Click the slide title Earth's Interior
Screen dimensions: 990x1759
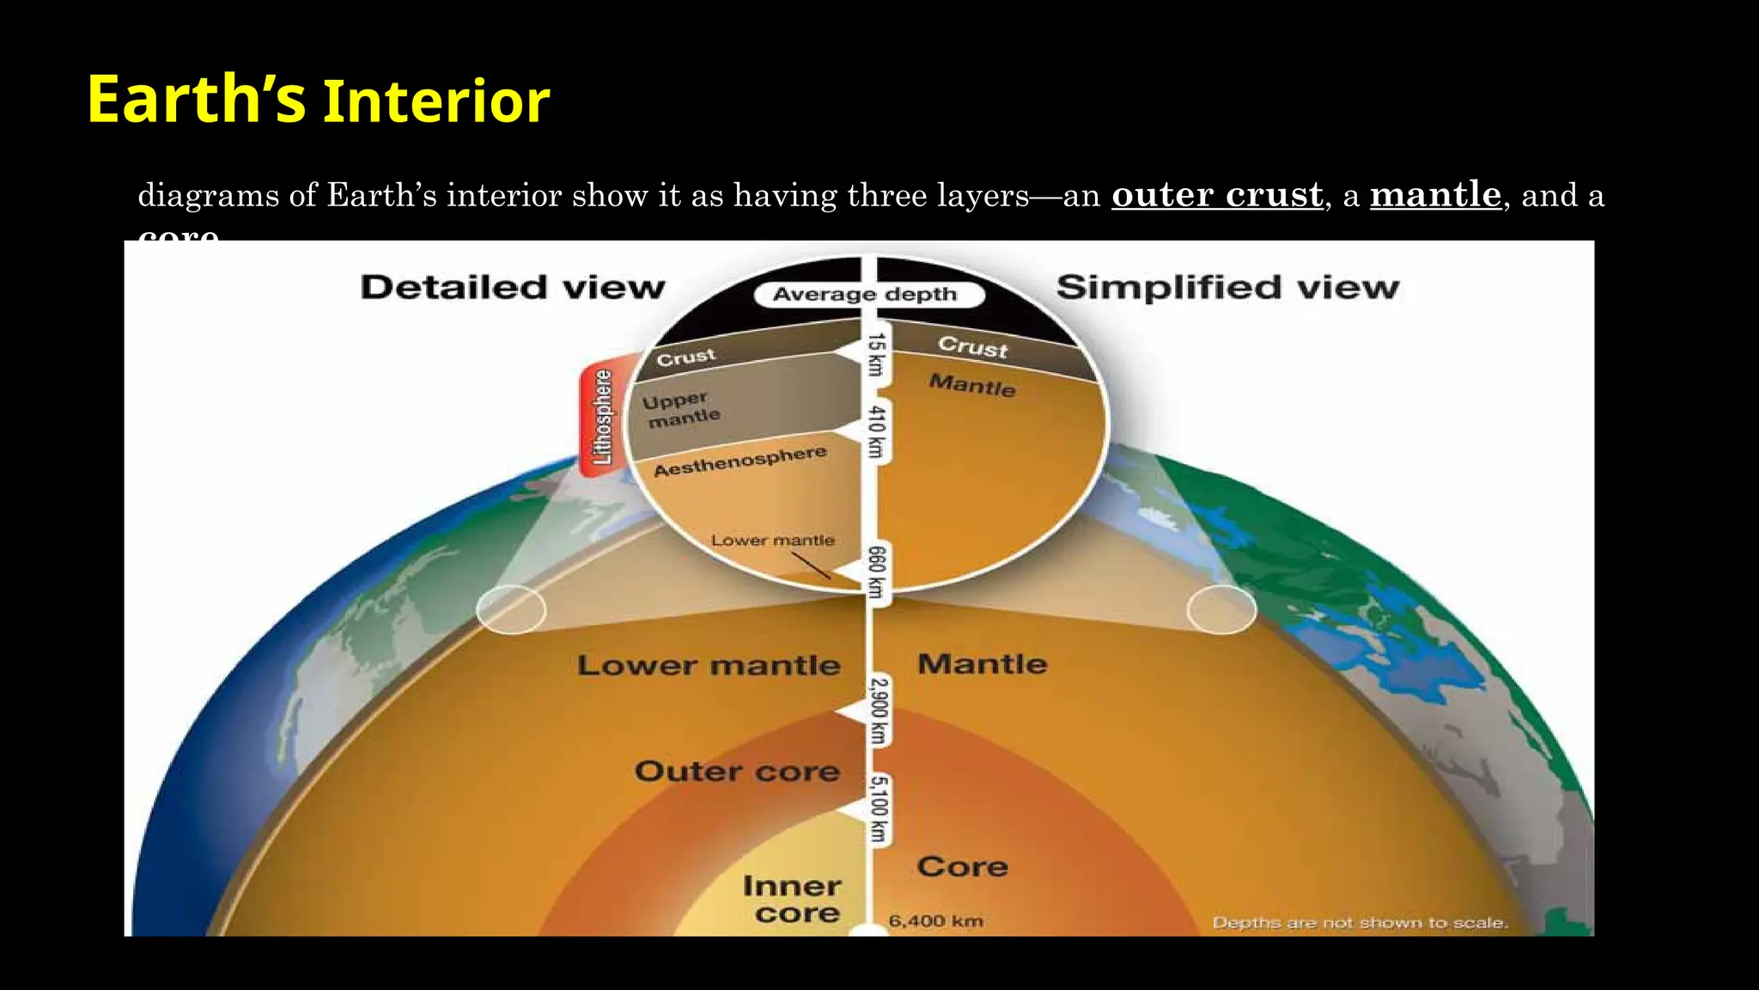(318, 100)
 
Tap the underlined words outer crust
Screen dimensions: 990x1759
(1216, 195)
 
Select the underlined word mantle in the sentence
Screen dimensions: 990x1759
(1434, 195)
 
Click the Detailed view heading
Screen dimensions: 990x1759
(513, 287)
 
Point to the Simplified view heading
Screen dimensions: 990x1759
(1227, 287)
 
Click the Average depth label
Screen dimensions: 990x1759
(864, 295)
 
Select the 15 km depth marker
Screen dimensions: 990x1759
(875, 354)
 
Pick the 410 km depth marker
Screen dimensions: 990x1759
(875, 431)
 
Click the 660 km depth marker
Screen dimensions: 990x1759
(875, 571)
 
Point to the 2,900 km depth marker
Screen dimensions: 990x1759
(877, 711)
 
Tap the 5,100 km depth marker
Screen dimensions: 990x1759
(877, 809)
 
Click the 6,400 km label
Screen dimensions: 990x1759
(935, 921)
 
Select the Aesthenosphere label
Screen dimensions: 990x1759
(740, 461)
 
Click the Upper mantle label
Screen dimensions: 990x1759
(681, 410)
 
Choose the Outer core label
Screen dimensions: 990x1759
(737, 772)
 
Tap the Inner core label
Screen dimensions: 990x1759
(791, 899)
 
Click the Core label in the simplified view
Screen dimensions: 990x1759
(962, 866)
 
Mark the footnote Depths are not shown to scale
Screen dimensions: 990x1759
(1360, 923)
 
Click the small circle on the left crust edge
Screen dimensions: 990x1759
(511, 609)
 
